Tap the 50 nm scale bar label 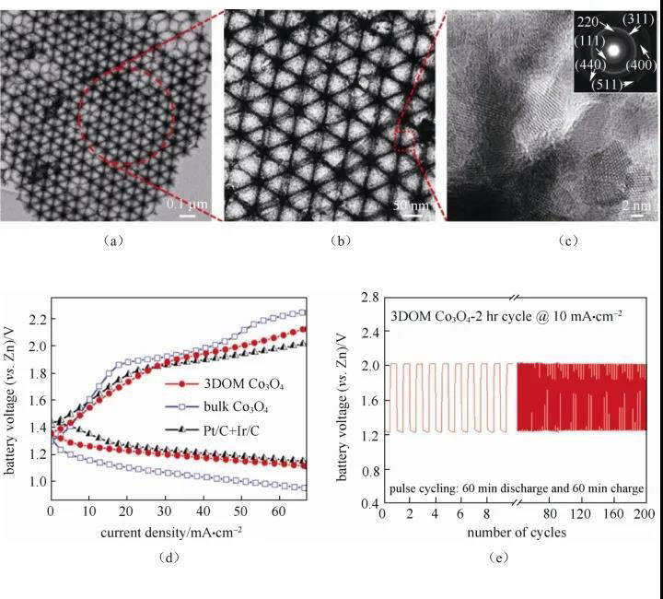coord(410,204)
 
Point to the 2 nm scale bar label coord(633,205)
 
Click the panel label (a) coord(111,241)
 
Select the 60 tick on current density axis coord(277,515)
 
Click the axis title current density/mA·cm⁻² coord(178,533)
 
